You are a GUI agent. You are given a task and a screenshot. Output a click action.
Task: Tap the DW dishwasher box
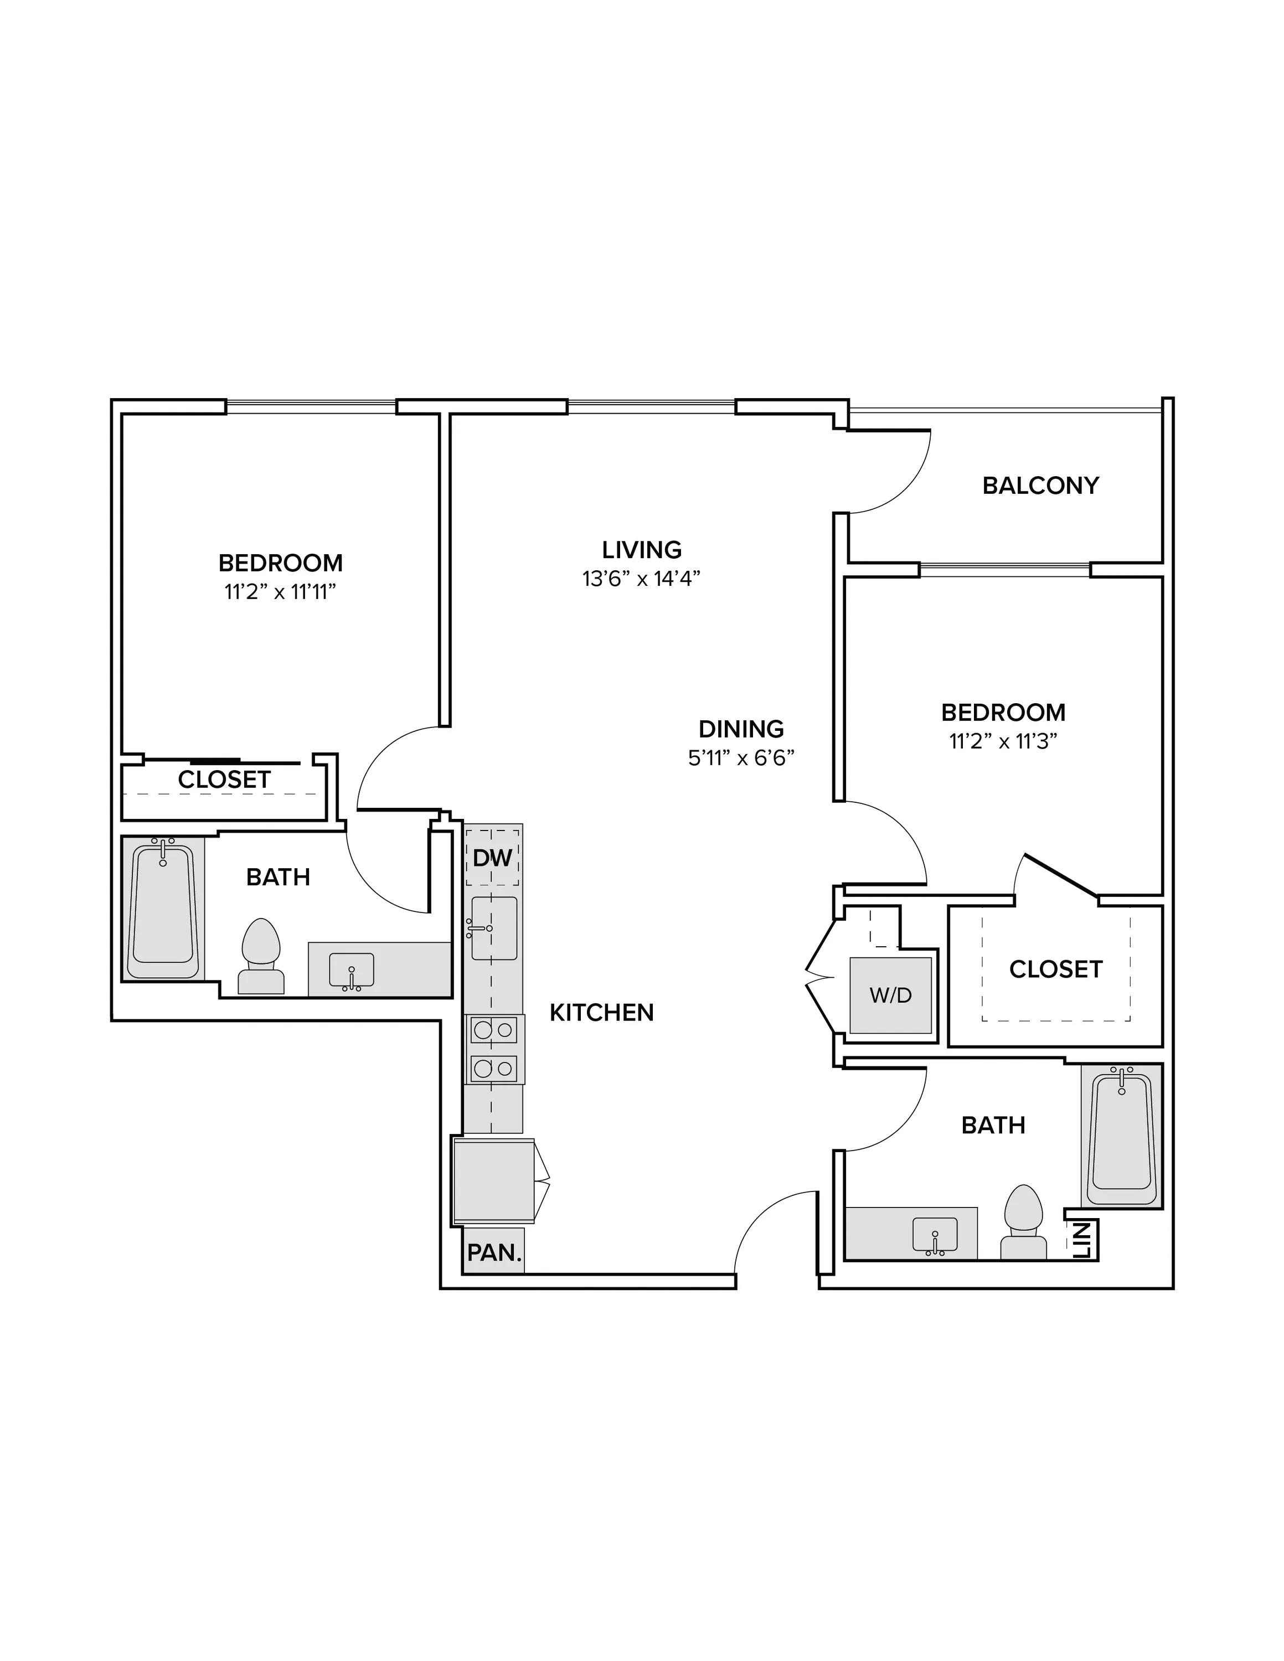click(x=492, y=857)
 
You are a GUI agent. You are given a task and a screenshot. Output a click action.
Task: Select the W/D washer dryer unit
click(x=891, y=995)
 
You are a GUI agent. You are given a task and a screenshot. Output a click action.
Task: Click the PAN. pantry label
click(x=494, y=1252)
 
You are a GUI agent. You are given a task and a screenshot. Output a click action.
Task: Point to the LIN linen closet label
click(x=1083, y=1240)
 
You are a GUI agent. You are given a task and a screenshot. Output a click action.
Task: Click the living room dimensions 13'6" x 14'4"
click(x=641, y=579)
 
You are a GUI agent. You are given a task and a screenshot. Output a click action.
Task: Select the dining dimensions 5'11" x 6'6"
click(x=741, y=759)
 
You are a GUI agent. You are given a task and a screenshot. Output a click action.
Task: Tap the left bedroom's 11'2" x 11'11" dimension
click(x=280, y=592)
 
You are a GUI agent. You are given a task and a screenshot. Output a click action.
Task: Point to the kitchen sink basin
click(x=494, y=928)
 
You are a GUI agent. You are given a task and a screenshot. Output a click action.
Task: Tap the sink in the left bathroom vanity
click(x=352, y=971)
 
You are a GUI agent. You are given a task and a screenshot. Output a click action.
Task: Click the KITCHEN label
click(x=602, y=1012)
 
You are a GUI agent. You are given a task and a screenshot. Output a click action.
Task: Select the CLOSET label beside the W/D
click(x=1056, y=969)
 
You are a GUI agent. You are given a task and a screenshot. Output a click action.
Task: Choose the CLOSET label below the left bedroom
click(x=224, y=780)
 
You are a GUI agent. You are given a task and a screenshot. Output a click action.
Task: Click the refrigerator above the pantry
click(x=494, y=1181)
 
